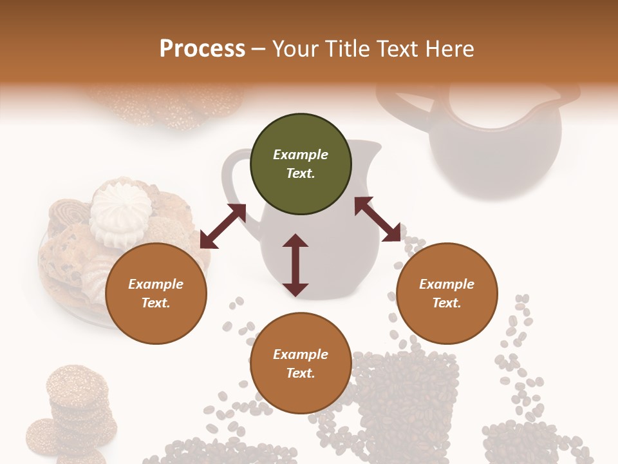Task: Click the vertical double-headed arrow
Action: (295, 265)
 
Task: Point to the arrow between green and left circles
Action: (223, 226)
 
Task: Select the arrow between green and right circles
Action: (377, 219)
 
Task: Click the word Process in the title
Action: (202, 48)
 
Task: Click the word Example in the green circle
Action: (301, 155)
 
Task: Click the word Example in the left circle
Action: (156, 284)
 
